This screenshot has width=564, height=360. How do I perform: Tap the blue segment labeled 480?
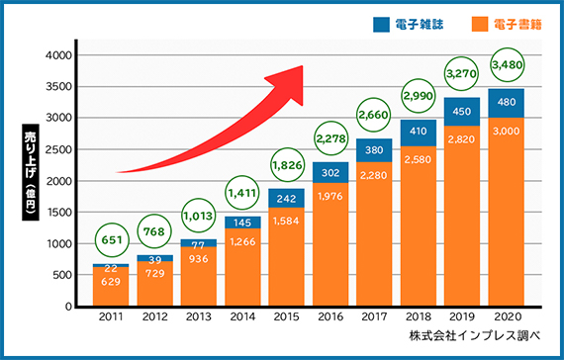point(507,103)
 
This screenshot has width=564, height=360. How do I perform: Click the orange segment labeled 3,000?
point(507,213)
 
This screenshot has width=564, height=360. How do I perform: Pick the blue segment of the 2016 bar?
point(330,172)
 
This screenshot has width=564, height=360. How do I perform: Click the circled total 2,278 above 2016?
point(330,138)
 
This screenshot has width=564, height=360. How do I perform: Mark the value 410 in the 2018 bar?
point(419,132)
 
